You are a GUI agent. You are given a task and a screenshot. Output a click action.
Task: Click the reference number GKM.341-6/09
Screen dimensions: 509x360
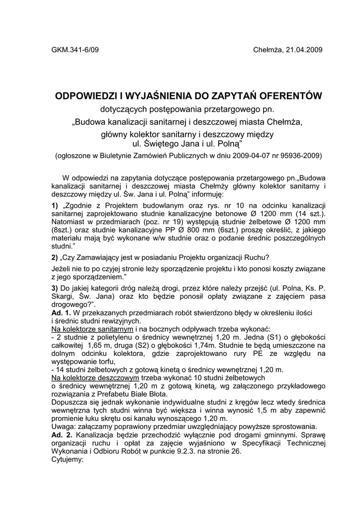75,50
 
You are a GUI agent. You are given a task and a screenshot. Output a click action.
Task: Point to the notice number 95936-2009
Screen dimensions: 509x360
299,156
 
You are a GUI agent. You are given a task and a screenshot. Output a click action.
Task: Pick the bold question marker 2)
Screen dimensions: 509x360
55,257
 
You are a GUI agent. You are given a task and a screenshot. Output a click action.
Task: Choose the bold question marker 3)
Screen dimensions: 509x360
55,288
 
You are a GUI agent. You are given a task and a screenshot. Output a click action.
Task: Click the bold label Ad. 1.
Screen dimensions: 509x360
61,313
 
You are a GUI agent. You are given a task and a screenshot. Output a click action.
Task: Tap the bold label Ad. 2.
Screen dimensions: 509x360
61,434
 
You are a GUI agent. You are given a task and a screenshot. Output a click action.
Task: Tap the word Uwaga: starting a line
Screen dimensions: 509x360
63,426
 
